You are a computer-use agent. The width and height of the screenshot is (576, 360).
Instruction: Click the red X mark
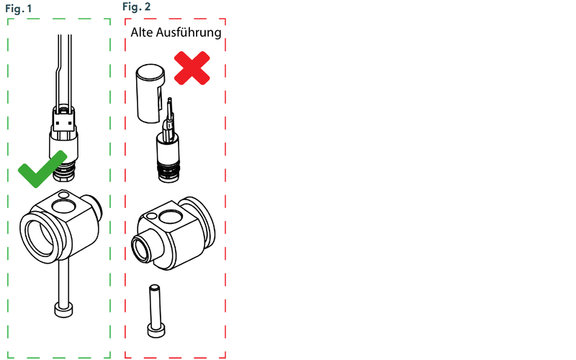click(192, 68)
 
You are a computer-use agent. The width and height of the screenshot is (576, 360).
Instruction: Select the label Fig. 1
click(19, 9)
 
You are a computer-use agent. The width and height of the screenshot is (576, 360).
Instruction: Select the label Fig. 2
click(136, 6)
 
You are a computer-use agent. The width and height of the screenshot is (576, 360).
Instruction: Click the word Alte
click(142, 32)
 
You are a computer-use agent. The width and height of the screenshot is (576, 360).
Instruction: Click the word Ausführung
click(189, 32)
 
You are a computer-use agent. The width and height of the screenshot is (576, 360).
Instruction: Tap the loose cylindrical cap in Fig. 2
click(150, 94)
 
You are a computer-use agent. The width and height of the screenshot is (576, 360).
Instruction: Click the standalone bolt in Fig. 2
click(156, 311)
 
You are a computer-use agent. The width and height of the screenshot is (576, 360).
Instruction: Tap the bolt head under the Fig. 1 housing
click(63, 310)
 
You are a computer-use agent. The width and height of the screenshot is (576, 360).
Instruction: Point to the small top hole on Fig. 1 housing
click(63, 194)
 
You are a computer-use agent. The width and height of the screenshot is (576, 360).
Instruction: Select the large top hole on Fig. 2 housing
click(170, 217)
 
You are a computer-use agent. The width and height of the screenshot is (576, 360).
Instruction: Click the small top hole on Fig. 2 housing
click(151, 216)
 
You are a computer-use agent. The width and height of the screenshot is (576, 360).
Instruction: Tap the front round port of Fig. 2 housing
click(141, 249)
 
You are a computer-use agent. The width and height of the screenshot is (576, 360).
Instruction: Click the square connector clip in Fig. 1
click(64, 119)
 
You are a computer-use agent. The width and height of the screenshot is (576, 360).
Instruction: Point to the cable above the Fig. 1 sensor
click(63, 70)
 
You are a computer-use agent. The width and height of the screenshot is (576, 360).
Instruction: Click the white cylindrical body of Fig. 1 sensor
click(63, 145)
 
